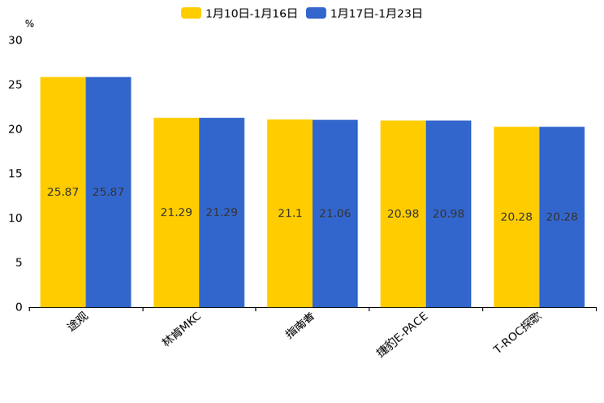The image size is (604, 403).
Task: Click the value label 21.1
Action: (290, 214)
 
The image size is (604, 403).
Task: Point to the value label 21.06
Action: (335, 214)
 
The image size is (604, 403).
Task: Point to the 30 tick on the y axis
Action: (15, 41)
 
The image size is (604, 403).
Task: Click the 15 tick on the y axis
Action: (15, 174)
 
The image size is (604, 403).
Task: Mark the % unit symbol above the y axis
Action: (29, 24)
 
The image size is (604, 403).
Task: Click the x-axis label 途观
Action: (77, 322)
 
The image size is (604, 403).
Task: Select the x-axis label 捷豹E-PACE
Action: (401, 334)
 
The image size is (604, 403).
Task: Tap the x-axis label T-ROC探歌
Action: (517, 332)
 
